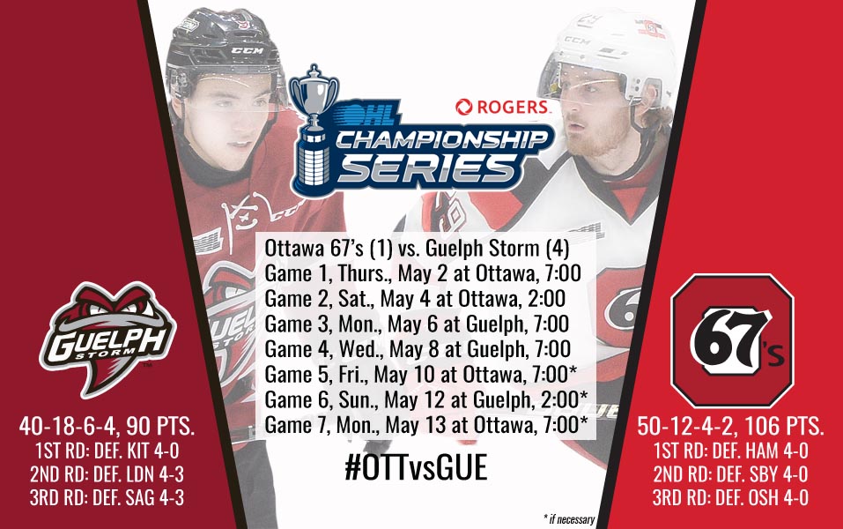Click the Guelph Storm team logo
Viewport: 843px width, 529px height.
(x=107, y=339)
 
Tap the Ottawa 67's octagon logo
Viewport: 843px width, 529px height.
(x=732, y=340)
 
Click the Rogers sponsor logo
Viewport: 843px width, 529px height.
(x=503, y=107)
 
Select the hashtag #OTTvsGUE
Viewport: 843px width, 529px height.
(x=416, y=467)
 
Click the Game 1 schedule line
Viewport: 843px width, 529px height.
(x=423, y=273)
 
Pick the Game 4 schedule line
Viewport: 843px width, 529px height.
(x=418, y=349)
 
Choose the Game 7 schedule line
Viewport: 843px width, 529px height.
(x=426, y=425)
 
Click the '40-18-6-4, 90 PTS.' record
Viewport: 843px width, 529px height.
(x=107, y=426)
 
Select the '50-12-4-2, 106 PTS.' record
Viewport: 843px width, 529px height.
(x=730, y=426)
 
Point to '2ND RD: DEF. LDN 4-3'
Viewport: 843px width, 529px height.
(x=107, y=474)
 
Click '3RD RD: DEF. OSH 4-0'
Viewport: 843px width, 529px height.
(x=730, y=498)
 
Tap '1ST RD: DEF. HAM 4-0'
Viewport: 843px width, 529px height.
(x=730, y=451)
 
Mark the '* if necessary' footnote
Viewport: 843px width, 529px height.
(x=569, y=519)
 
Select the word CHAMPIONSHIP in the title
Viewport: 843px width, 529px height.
(x=442, y=138)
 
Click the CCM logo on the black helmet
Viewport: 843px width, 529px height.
(x=248, y=50)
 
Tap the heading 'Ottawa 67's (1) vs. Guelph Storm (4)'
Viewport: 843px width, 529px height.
(x=417, y=248)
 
